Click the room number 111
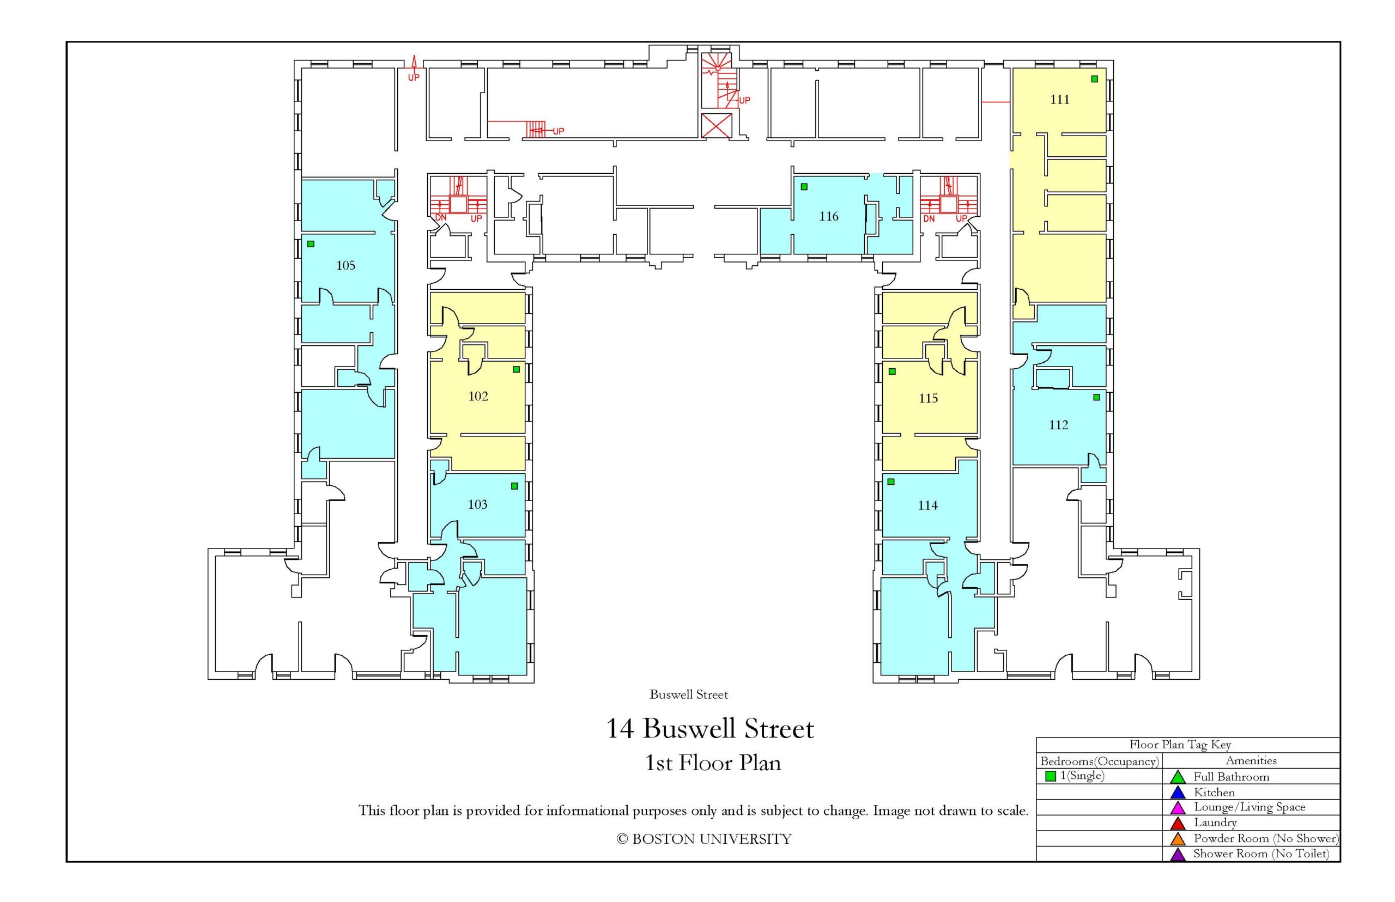click(x=1059, y=100)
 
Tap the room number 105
click(x=345, y=265)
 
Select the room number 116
click(x=828, y=216)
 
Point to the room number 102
click(x=478, y=396)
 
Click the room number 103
click(x=477, y=504)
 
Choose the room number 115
click(x=928, y=398)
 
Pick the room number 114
click(x=927, y=505)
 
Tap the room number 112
click(x=1058, y=425)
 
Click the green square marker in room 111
click(x=1094, y=79)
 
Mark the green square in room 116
click(x=804, y=187)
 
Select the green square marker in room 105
click(x=311, y=243)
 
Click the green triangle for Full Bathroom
click(x=1177, y=777)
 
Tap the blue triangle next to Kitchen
click(x=1177, y=793)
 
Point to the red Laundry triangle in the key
click(x=1177, y=823)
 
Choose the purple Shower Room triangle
click(x=1177, y=854)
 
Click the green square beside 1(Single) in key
click(x=1051, y=776)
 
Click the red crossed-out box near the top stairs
click(x=716, y=126)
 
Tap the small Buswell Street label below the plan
click(x=688, y=694)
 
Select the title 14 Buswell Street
click(x=709, y=729)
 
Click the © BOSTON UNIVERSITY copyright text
click(x=703, y=839)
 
